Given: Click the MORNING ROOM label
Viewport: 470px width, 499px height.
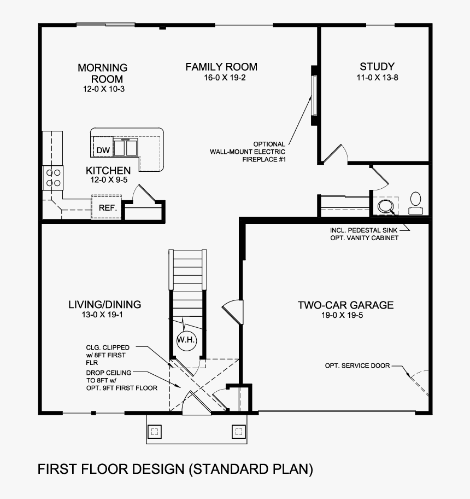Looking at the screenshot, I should click(103, 73).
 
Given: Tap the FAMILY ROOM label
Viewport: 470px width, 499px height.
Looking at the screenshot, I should click(221, 67).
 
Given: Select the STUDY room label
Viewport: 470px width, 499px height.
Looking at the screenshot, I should click(377, 67).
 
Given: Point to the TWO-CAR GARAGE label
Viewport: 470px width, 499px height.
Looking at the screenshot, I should click(345, 305).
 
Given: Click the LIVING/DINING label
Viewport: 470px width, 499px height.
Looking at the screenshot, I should click(104, 304).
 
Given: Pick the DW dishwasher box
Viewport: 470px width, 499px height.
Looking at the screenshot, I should click(103, 150).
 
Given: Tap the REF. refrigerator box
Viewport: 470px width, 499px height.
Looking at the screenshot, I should click(105, 207).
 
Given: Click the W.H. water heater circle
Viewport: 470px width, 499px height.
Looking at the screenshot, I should click(186, 340).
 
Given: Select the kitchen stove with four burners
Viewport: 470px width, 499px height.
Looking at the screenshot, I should click(54, 177).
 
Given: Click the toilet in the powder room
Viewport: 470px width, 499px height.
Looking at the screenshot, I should click(416, 202).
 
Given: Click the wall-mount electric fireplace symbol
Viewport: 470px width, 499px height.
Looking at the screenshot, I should click(314, 96).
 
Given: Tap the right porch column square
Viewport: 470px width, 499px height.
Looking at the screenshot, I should click(238, 432).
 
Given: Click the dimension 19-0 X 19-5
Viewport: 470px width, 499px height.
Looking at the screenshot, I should click(345, 316).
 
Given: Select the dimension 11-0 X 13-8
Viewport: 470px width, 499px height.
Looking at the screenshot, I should click(377, 78).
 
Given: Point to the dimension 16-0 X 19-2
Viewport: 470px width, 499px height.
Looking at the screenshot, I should click(221, 78).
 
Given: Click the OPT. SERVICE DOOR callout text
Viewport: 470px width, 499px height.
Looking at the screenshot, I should click(357, 365).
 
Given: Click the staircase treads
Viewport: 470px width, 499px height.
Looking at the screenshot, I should click(189, 271).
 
